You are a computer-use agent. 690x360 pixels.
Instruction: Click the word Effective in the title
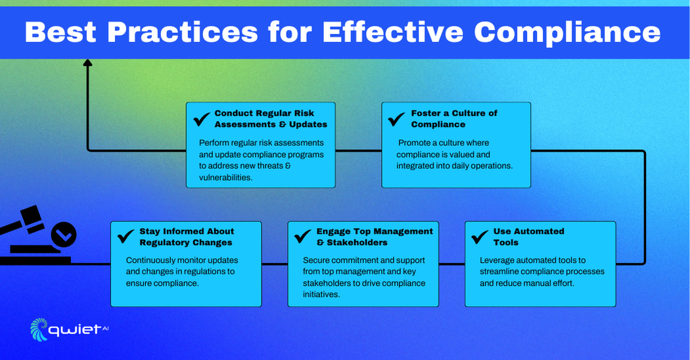[x=393, y=32]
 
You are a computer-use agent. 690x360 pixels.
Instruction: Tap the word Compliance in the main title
[x=567, y=34]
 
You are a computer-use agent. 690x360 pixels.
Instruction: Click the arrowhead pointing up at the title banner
[x=87, y=63]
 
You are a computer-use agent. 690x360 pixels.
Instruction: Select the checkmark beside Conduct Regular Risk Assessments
[x=202, y=119]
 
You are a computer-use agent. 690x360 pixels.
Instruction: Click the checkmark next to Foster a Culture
[x=396, y=119]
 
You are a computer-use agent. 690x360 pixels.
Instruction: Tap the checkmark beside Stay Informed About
[x=126, y=236]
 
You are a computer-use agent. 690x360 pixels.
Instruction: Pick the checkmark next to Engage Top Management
[x=302, y=236]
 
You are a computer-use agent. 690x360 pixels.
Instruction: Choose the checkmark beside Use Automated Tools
[x=480, y=236]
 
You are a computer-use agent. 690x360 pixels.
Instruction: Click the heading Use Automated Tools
[x=528, y=236]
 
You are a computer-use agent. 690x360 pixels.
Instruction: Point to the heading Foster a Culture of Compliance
[x=454, y=119]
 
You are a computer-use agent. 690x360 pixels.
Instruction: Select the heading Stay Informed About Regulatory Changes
[x=187, y=236]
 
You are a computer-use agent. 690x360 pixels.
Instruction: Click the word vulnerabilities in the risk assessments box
[x=225, y=178]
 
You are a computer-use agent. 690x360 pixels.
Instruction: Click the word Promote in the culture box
[x=413, y=143]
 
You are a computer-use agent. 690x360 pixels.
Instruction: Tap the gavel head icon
[x=32, y=217]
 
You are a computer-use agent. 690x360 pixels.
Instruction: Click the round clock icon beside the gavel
[x=64, y=235]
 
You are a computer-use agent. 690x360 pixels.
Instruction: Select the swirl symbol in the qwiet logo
[x=39, y=329]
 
